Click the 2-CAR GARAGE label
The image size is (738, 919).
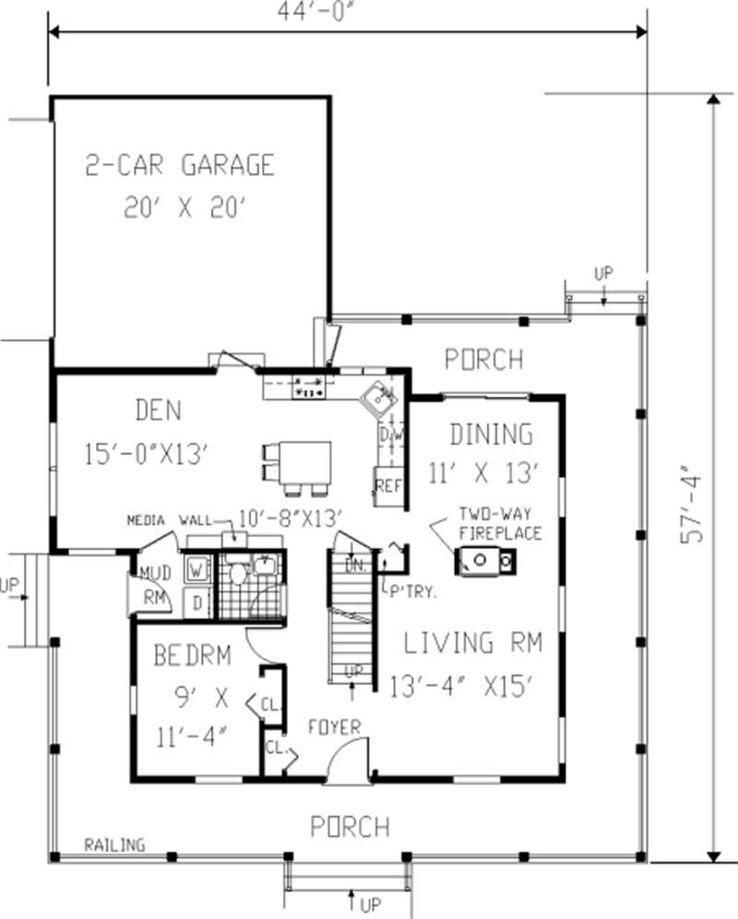[180, 165]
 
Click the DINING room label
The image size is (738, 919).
[491, 434]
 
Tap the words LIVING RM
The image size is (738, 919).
[472, 642]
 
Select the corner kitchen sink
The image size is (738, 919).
[379, 400]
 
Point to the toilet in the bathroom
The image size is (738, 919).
[238, 575]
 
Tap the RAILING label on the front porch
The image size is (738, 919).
[114, 844]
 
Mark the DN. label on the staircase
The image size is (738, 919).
[352, 566]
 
